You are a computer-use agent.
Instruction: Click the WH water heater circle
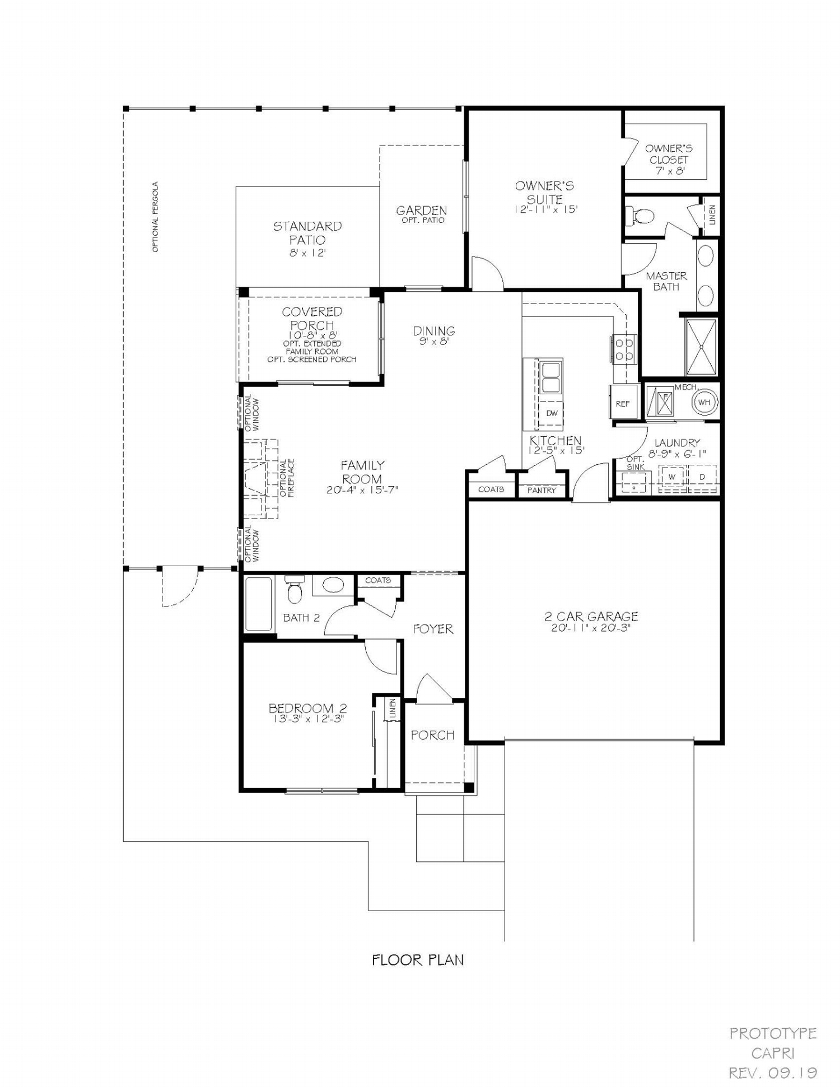(704, 402)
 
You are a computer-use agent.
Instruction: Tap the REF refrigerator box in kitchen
(623, 403)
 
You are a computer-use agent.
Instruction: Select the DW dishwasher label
(552, 413)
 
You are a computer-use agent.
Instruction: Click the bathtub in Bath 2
(259, 604)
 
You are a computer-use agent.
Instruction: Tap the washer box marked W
(672, 477)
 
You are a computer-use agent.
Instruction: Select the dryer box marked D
(702, 477)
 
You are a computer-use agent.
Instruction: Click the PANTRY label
(542, 490)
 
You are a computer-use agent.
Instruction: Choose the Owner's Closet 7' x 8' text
(669, 160)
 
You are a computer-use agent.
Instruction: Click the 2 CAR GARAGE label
(591, 617)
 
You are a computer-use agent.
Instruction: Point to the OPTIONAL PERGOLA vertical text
(156, 217)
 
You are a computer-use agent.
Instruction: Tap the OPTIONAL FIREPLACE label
(287, 478)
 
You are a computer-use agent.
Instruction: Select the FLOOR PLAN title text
(418, 960)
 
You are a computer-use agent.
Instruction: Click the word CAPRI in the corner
(773, 1053)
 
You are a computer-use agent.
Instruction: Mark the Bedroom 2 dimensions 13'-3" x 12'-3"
(307, 719)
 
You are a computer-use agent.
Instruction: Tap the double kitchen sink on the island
(551, 377)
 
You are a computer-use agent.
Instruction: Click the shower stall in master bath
(701, 347)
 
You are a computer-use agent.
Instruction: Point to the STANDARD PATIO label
(307, 233)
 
